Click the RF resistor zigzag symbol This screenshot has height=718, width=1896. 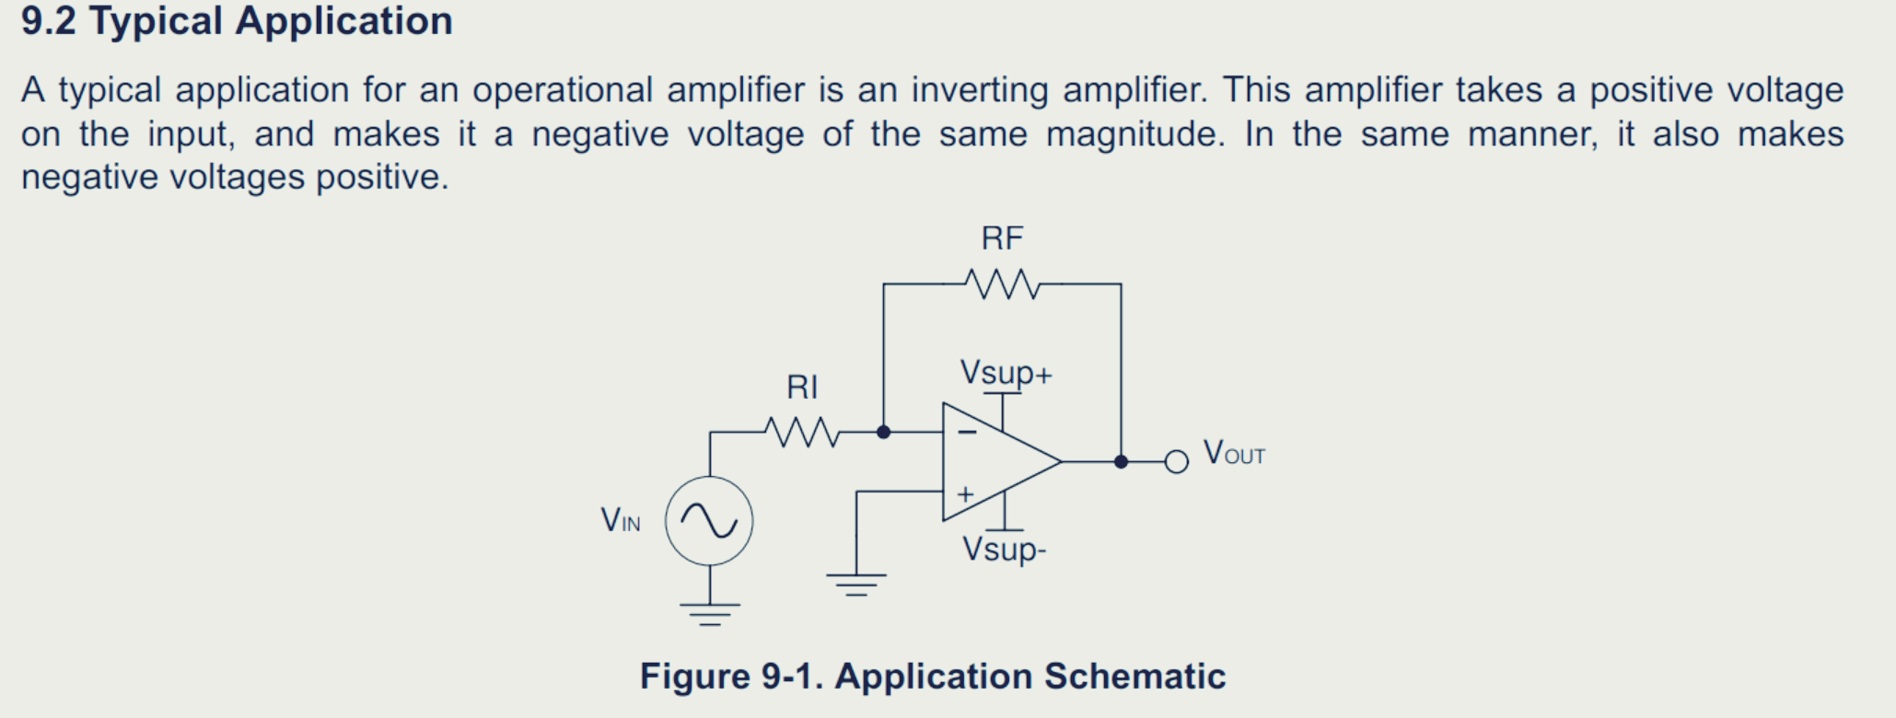coord(1003,284)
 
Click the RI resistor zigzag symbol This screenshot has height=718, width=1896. coord(802,432)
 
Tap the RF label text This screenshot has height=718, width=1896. coord(1002,239)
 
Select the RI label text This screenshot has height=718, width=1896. coord(802,388)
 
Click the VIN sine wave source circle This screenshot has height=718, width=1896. coord(709,521)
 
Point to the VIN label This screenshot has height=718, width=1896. coord(621,521)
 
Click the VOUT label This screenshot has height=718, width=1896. coord(1234,454)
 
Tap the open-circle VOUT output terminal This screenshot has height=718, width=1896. coord(1176,461)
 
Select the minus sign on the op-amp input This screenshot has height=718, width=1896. coord(967,431)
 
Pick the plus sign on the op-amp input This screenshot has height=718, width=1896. coord(965,494)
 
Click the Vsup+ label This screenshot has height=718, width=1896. coord(1006,373)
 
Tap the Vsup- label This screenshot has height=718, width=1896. coord(1004,550)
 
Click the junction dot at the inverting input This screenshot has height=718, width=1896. coord(883,432)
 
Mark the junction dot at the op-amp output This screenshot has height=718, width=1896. coord(1121,461)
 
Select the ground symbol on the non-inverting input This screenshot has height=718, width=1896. coord(856,584)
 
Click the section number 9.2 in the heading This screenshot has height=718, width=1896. coord(48,21)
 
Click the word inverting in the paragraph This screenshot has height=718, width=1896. coord(980,90)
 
